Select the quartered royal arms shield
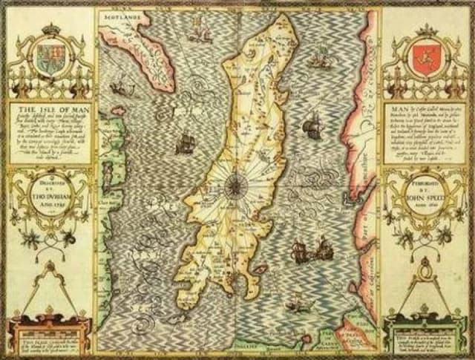click(x=50, y=59)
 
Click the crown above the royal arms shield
click(x=50, y=29)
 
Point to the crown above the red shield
click(x=427, y=30)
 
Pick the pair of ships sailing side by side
click(x=310, y=252)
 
